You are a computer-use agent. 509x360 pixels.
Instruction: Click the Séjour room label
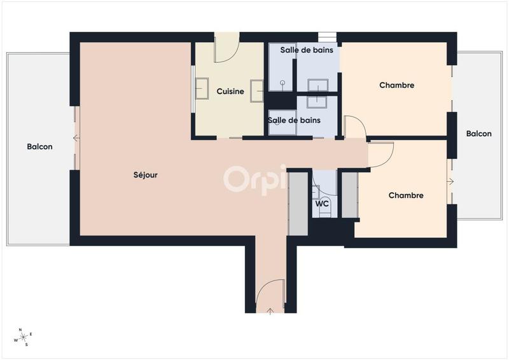[x=146, y=175]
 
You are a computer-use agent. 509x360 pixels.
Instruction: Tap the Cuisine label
[x=230, y=92]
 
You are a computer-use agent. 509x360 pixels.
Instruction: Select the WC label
[x=322, y=204]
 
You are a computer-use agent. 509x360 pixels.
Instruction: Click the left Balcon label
[x=39, y=147]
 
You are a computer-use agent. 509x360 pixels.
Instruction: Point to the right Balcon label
[x=478, y=134]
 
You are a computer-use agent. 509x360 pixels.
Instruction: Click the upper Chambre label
[x=397, y=85]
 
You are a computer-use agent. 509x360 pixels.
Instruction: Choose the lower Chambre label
[x=406, y=195]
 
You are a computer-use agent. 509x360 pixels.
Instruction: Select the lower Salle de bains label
[x=294, y=120]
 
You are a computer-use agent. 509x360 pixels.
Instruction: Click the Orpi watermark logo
[x=254, y=179]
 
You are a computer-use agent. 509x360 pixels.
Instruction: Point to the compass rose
[x=24, y=336]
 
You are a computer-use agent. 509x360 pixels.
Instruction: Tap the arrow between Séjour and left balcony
[x=76, y=138]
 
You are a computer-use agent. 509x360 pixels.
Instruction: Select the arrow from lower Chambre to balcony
[x=450, y=182]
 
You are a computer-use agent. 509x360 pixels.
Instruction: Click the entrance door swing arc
[x=269, y=293]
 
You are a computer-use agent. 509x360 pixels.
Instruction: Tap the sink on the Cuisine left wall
[x=202, y=88]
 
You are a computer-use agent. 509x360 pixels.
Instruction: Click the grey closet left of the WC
[x=298, y=194]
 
